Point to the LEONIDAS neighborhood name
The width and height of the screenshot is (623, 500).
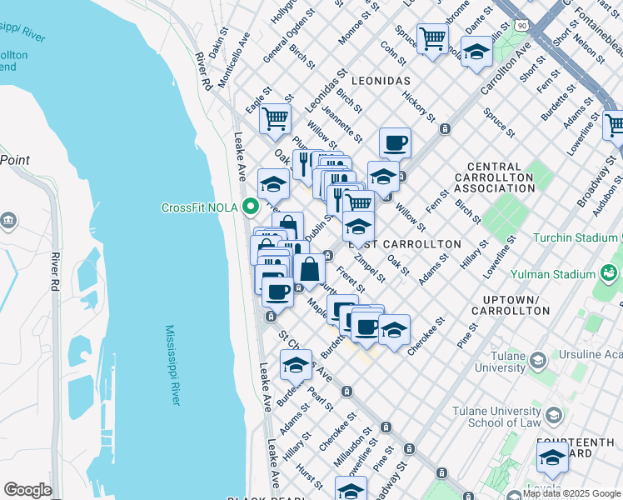(381, 81)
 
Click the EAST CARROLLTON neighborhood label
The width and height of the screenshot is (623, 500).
(404, 243)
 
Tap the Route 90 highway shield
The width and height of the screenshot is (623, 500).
(522, 14)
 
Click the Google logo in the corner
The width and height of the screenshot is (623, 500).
(27, 489)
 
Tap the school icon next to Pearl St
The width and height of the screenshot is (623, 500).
(296, 365)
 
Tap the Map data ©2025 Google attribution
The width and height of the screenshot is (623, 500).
(571, 493)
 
